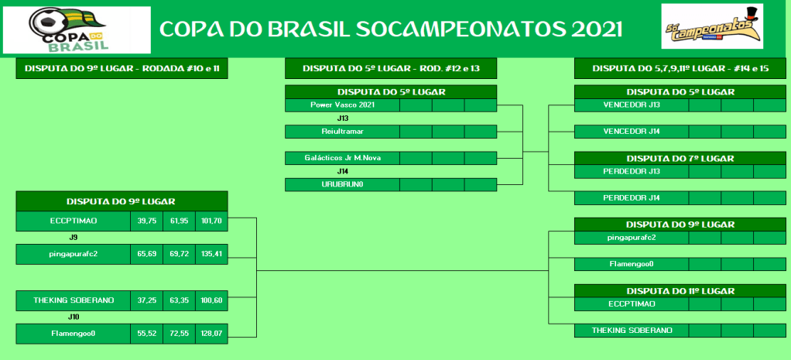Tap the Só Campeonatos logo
712,26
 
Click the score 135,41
211,254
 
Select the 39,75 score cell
146,221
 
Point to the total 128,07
211,334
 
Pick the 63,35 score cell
179,300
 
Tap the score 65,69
146,254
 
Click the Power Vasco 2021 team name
343,105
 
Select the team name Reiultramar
343,132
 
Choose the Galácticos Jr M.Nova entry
343,158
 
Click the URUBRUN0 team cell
343,184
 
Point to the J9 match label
74,237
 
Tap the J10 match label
74,317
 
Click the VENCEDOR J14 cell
632,132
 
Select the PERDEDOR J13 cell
632,171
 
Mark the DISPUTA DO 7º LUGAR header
680,159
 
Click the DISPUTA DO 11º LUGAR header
680,291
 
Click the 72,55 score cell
179,334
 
